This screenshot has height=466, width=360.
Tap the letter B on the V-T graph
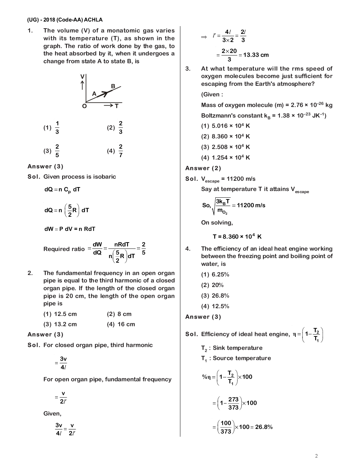click(x=113, y=86)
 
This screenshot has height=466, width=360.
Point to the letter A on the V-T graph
click(x=94, y=94)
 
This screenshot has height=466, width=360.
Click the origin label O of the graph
click(x=84, y=106)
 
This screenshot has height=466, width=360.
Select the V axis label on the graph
click(x=82, y=77)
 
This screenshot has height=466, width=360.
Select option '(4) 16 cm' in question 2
click(x=121, y=324)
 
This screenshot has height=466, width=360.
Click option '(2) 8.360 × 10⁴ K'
click(x=226, y=136)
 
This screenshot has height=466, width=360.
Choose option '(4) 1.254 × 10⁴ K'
click(x=226, y=157)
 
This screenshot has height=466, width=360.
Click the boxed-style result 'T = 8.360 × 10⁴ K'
click(x=237, y=237)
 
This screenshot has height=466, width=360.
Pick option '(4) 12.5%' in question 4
click(x=215, y=306)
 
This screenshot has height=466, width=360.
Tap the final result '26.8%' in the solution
click(x=264, y=427)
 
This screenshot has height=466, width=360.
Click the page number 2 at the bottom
click(x=316, y=456)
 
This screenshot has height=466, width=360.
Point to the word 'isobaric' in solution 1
click(x=104, y=177)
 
